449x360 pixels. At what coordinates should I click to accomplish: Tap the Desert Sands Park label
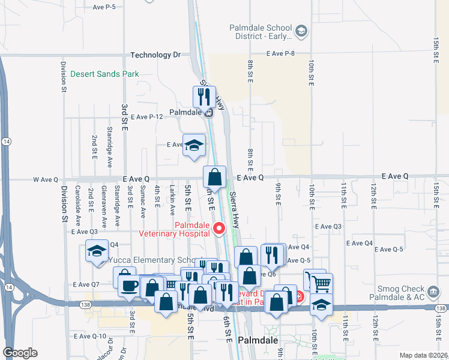click(x=104, y=74)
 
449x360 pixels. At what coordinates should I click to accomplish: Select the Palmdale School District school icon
click(x=301, y=31)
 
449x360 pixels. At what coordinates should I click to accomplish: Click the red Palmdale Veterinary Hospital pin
click(x=219, y=228)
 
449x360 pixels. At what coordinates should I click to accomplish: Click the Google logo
click(x=20, y=353)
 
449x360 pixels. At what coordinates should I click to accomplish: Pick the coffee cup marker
click(x=128, y=284)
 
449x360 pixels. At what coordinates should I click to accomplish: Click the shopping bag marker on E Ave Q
click(x=214, y=178)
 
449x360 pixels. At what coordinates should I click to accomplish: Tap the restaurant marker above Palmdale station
click(x=204, y=97)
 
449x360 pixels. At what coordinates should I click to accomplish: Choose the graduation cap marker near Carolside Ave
click(x=96, y=252)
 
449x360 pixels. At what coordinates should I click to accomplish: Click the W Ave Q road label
click(x=46, y=179)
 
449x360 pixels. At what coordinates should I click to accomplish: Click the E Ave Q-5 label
click(x=298, y=260)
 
